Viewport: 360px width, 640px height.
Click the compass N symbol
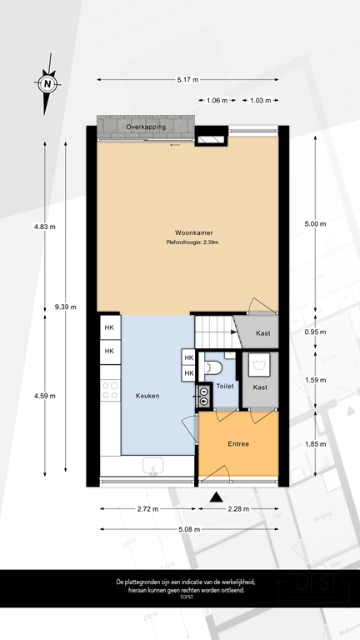pos(47,83)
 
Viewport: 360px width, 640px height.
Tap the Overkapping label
pos(146,127)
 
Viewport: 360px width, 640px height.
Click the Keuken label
pos(147,396)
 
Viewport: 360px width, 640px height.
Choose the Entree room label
pos(238,444)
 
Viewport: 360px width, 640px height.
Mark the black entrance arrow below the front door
pos(217,497)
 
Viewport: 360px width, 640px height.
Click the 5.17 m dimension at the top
pos(188,80)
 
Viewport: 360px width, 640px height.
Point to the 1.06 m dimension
pos(217,100)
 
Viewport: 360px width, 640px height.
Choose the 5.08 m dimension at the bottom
pos(188,528)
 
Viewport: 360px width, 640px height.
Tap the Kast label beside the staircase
pos(263,333)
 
